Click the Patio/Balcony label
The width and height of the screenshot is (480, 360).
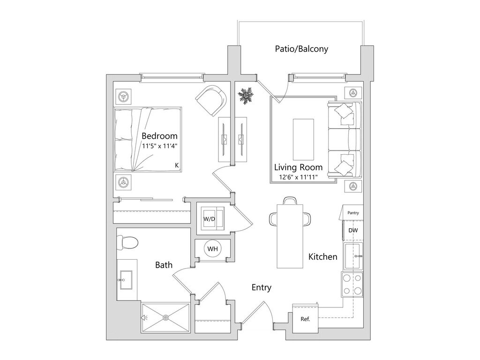(301, 49)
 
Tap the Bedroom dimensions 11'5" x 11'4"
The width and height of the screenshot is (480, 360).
(159, 145)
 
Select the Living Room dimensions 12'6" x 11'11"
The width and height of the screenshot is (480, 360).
(298, 177)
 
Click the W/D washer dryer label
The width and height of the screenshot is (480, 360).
(209, 219)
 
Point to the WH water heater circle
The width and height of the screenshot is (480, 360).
(212, 249)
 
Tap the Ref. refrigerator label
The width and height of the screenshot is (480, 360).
(306, 319)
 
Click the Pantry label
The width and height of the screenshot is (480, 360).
(353, 213)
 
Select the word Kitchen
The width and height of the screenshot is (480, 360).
(322, 257)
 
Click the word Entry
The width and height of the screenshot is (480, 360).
(261, 288)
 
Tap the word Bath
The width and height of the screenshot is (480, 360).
(164, 265)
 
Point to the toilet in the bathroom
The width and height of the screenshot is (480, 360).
(127, 242)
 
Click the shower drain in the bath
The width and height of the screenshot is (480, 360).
(165, 317)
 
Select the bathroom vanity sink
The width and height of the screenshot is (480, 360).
(125, 280)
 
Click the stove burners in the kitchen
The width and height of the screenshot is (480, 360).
(352, 285)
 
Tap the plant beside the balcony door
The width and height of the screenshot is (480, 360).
(245, 96)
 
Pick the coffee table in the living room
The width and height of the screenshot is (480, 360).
(303, 139)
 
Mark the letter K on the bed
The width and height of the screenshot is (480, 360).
(177, 165)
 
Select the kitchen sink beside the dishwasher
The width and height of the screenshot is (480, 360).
(353, 256)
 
